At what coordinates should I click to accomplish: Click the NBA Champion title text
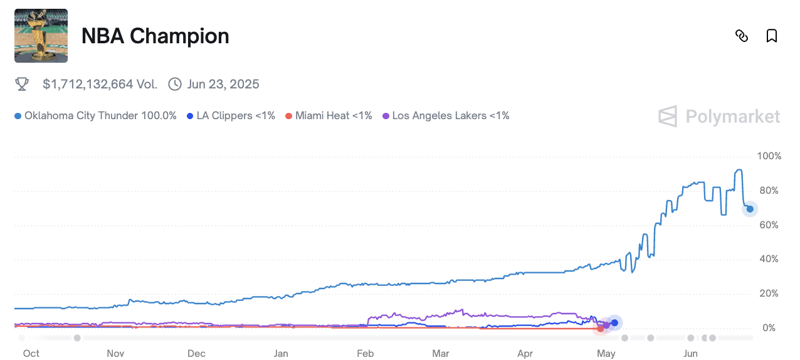coord(155,36)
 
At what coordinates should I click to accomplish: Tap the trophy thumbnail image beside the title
coord(41,36)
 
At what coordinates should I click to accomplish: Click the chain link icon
coord(742,36)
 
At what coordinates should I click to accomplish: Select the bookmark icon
coord(772,36)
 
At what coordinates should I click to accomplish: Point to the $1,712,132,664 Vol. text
coord(100,84)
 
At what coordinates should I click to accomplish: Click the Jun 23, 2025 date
coord(223,84)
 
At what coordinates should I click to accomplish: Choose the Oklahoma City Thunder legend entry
coord(95,115)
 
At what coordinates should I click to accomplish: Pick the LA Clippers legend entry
coord(231,115)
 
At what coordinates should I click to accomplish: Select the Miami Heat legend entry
coord(329,115)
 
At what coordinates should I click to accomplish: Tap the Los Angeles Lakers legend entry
coord(446,115)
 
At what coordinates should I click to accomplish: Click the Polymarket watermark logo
coord(719,117)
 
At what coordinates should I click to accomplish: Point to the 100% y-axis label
coord(769,156)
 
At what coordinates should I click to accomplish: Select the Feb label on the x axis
coord(366,354)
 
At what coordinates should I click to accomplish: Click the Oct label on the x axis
coord(31,354)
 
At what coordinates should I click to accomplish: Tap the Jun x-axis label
coord(690,354)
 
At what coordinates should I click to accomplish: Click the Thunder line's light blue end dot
coord(750,209)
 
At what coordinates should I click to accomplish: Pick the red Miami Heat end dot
coord(601,328)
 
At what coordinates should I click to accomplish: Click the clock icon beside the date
coord(175,84)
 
